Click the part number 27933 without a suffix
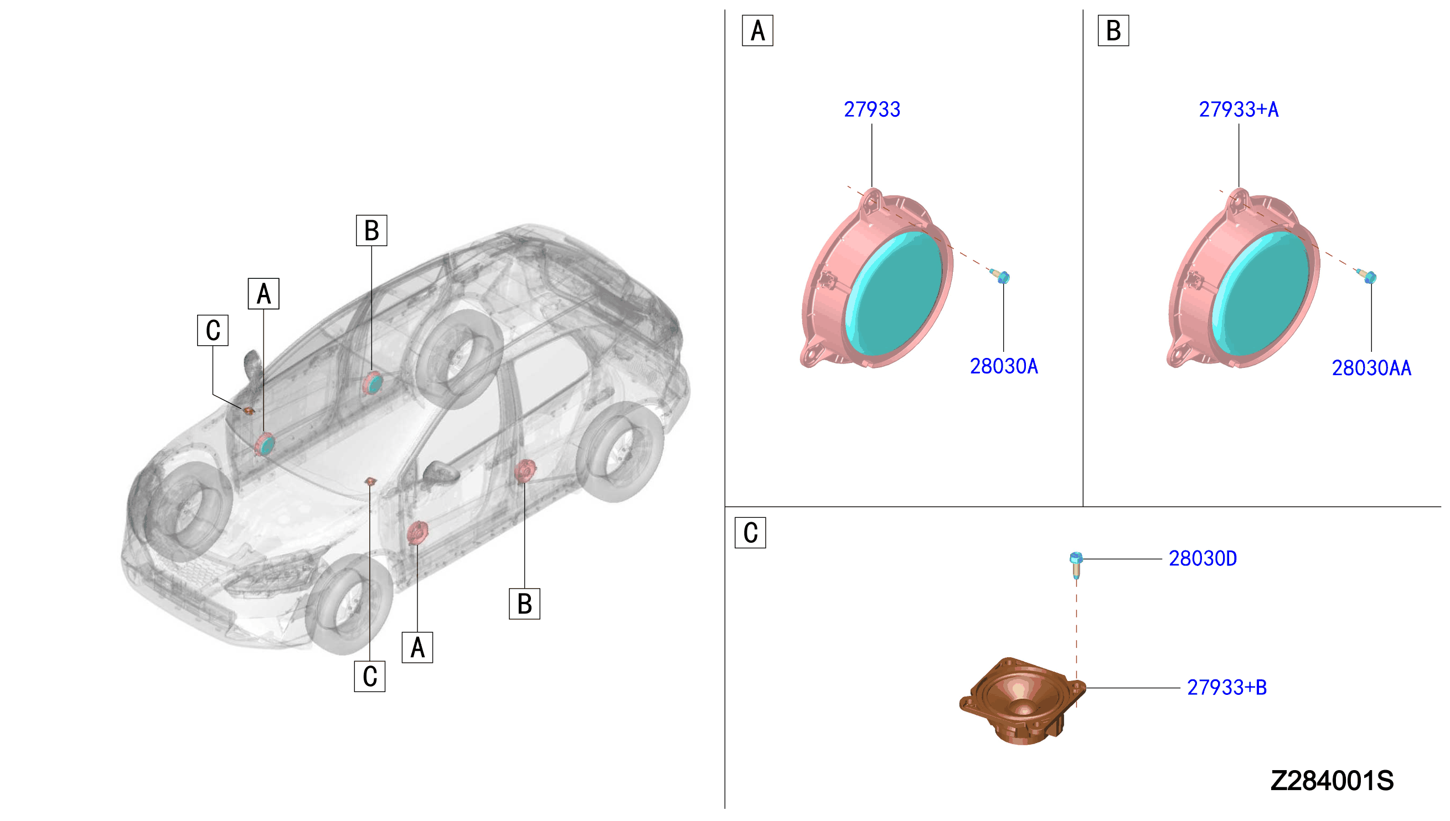(871, 110)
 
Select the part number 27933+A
(1239, 110)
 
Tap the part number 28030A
(1004, 366)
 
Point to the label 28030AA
(1371, 368)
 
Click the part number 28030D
(1203, 559)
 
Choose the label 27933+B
(1226, 688)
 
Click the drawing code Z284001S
(1332, 781)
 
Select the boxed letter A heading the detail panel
(757, 31)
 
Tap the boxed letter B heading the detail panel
(1113, 31)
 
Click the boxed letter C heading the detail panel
(750, 533)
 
